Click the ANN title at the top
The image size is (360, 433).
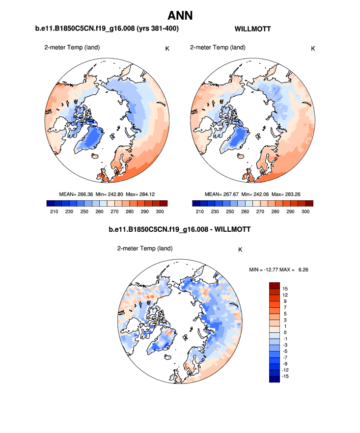click(x=180, y=16)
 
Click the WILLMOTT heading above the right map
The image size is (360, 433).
click(x=253, y=29)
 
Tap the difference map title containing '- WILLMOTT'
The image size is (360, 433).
click(x=179, y=230)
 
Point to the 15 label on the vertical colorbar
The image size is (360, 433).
click(x=285, y=288)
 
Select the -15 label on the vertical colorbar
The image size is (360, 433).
click(x=285, y=376)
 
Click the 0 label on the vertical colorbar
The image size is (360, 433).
click(x=285, y=332)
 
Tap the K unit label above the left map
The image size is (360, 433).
click(x=167, y=48)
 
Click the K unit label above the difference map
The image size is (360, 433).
click(x=240, y=249)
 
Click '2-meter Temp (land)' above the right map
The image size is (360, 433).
click(x=218, y=48)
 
